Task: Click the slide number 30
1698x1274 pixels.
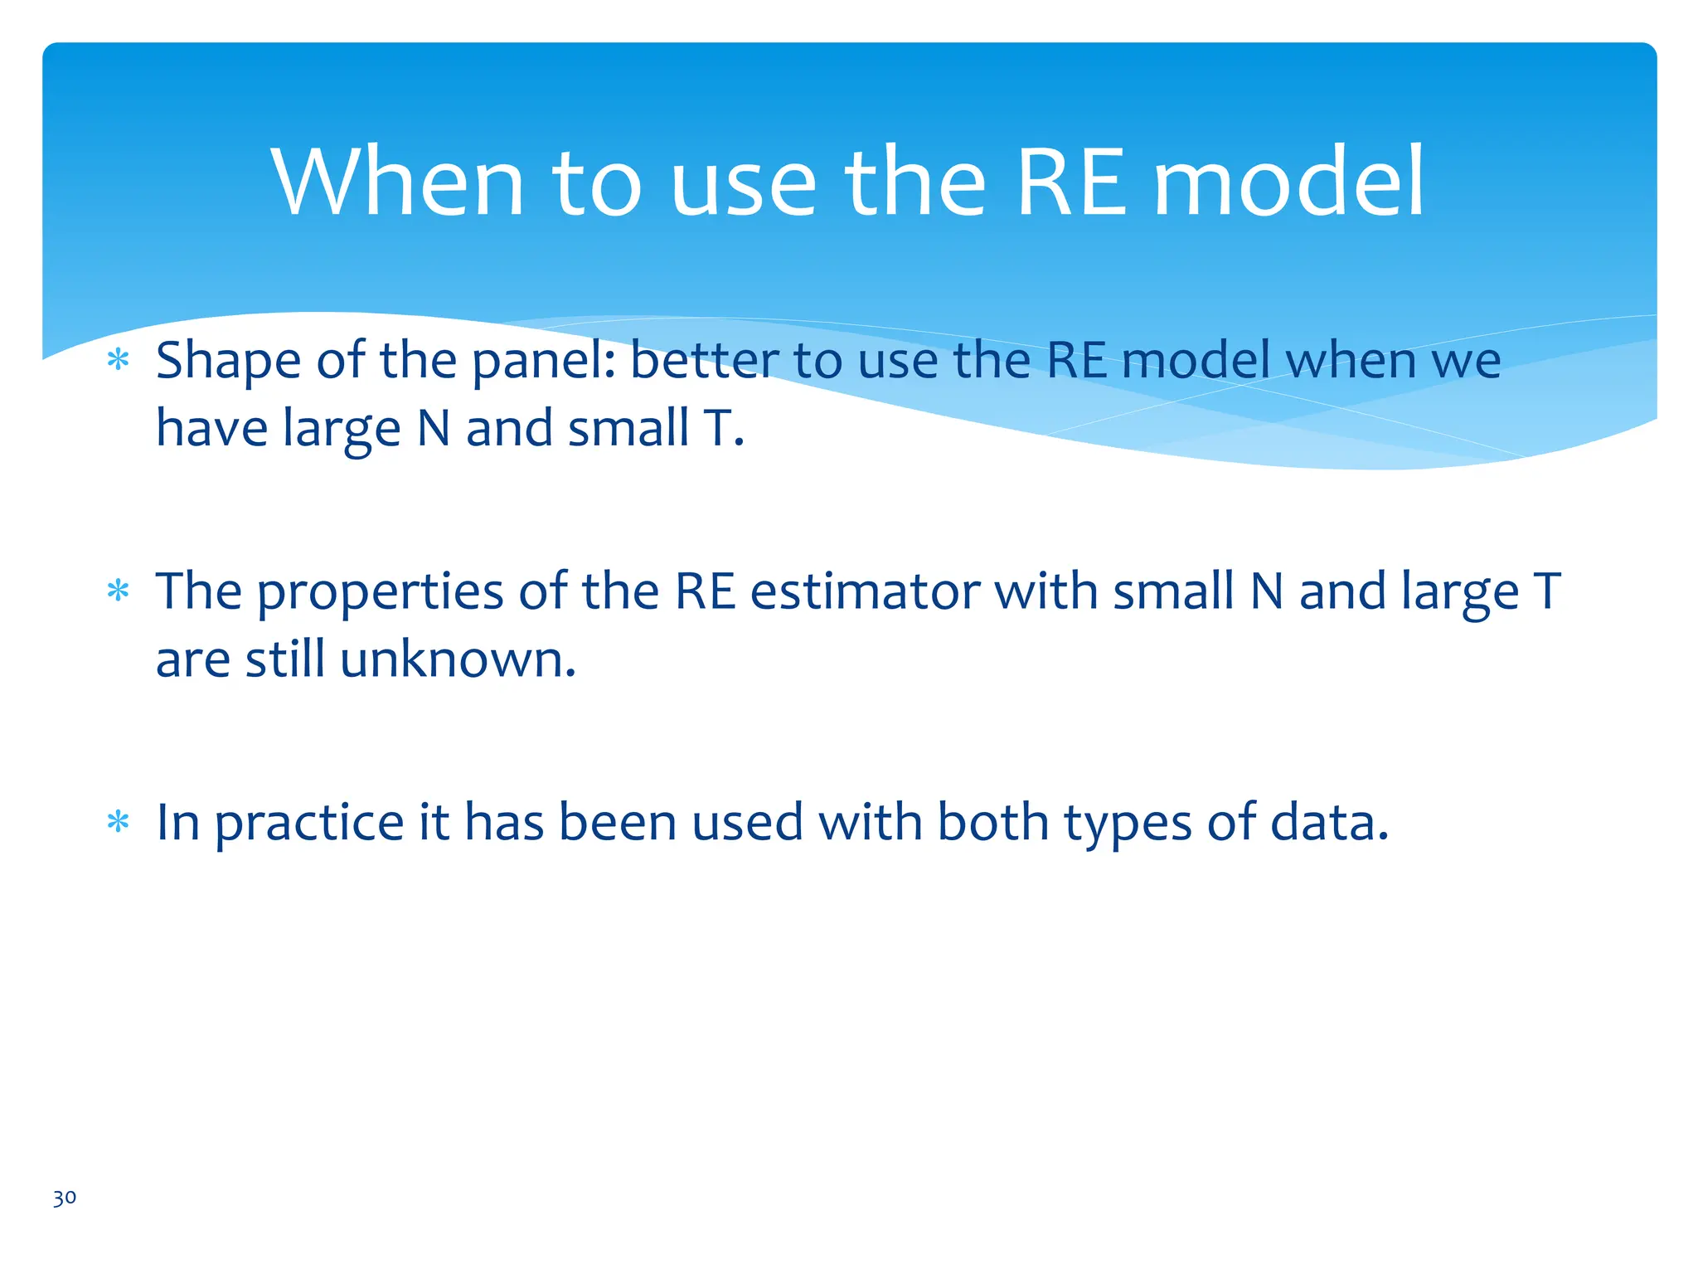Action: click(64, 1198)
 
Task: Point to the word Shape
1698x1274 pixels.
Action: click(228, 362)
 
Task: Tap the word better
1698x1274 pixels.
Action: click(704, 362)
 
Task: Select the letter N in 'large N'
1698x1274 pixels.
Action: click(434, 429)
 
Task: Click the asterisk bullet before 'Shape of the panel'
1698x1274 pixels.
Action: click(119, 361)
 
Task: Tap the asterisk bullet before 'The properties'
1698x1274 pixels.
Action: click(119, 591)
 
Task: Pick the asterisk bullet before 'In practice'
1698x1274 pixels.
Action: click(119, 822)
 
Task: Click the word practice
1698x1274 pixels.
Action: click(308, 824)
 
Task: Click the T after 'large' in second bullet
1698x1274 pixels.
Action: click(1546, 592)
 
